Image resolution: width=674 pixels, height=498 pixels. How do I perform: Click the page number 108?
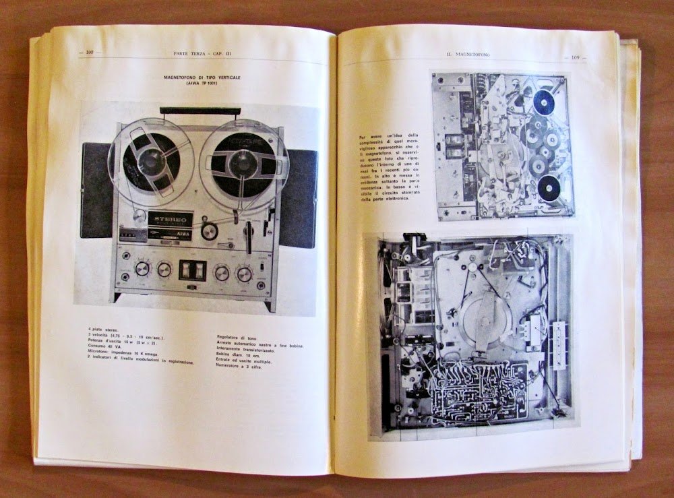[89, 53]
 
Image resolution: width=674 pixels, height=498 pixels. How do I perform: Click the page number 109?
[576, 58]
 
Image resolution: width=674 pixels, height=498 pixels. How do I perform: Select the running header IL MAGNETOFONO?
[468, 55]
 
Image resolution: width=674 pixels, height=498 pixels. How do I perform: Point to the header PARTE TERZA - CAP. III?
[195, 53]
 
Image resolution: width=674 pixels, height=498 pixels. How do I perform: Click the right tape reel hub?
[239, 162]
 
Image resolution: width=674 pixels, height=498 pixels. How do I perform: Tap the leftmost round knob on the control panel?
[143, 270]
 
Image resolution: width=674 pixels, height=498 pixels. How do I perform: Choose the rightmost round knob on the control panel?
[244, 273]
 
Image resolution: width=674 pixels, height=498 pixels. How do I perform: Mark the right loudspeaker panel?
[301, 198]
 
